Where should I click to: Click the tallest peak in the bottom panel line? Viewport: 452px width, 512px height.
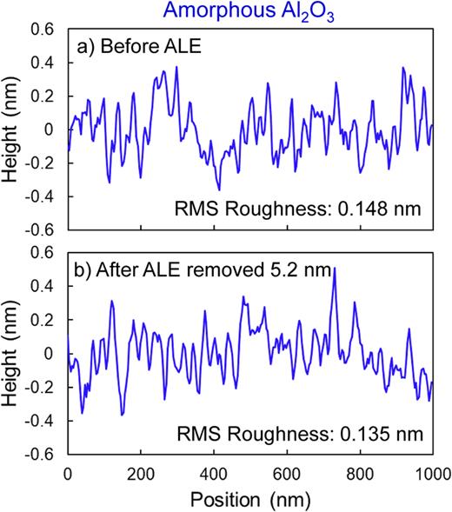(335, 269)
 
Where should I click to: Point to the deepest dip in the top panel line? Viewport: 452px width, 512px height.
(220, 189)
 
